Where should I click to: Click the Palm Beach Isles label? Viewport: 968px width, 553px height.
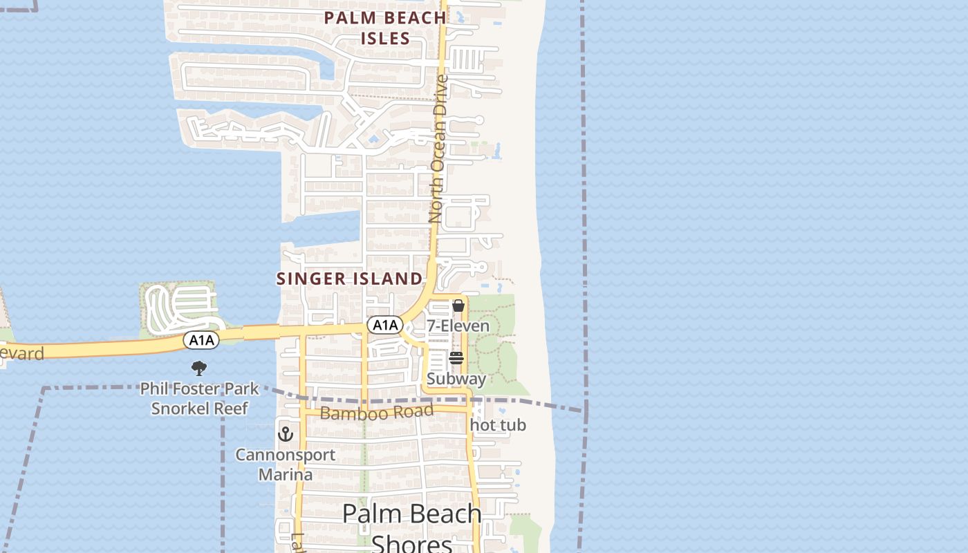click(x=385, y=28)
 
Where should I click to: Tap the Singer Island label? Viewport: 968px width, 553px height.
click(x=349, y=279)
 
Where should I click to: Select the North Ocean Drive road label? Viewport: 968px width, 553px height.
click(x=437, y=149)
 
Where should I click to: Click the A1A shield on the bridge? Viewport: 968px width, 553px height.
click(x=201, y=339)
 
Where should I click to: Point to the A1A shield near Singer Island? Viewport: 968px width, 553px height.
click(x=384, y=325)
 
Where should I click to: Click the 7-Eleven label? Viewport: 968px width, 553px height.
click(x=458, y=326)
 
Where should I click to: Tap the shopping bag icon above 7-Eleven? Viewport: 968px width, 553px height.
click(x=458, y=306)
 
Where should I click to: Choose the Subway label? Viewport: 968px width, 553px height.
click(x=456, y=379)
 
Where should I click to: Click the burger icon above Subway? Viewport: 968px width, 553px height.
click(x=456, y=357)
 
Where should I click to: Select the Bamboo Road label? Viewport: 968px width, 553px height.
click(x=377, y=413)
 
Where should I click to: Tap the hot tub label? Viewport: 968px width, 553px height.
click(x=498, y=425)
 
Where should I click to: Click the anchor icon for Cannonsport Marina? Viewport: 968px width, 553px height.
click(x=285, y=434)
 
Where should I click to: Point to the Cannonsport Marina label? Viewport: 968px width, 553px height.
click(x=285, y=465)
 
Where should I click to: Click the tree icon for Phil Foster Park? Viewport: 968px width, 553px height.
click(x=199, y=368)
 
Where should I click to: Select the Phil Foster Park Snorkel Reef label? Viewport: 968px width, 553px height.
click(x=199, y=398)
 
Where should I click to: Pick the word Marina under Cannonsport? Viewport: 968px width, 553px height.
click(x=285, y=475)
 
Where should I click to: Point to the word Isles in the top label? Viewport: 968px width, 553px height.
click(x=385, y=38)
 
